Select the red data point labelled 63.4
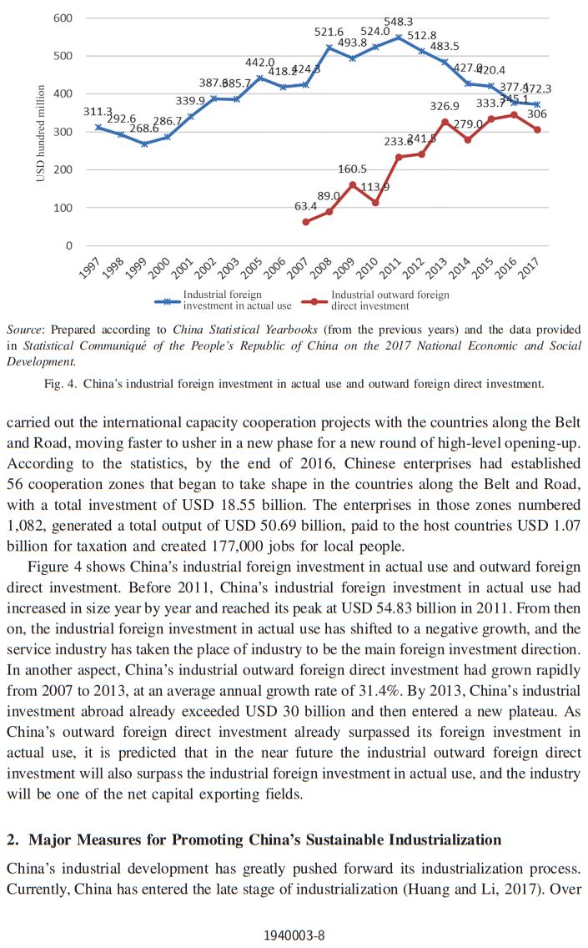click(x=306, y=222)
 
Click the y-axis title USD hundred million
click(x=40, y=131)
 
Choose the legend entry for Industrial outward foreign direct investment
click(x=389, y=300)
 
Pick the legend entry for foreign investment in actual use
click(x=222, y=300)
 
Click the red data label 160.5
click(x=352, y=169)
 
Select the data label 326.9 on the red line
click(x=445, y=106)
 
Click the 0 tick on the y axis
click(x=68, y=245)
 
